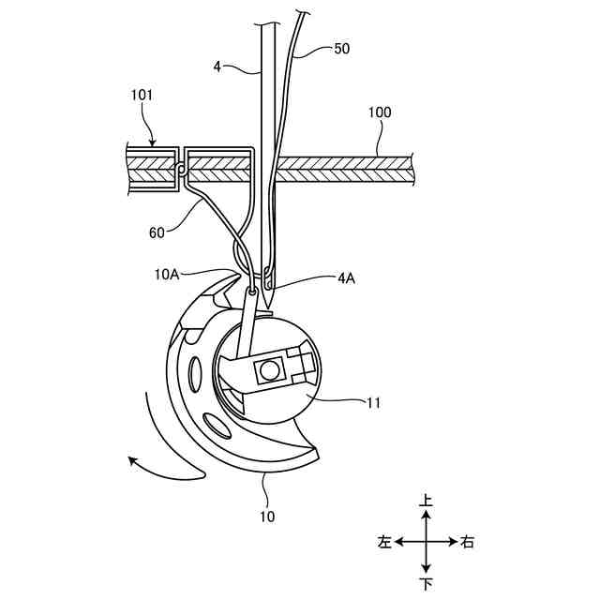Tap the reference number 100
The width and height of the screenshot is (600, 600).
379,112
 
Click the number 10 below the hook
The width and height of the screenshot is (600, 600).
266,515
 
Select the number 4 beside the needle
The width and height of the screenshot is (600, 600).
217,67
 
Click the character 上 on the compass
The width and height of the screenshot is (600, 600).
426,502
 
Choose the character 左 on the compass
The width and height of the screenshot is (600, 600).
383,542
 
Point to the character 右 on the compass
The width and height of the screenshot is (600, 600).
468,542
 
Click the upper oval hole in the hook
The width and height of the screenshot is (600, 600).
194,374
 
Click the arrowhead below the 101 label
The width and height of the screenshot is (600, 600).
152,142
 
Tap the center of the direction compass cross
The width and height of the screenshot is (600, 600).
426,542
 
